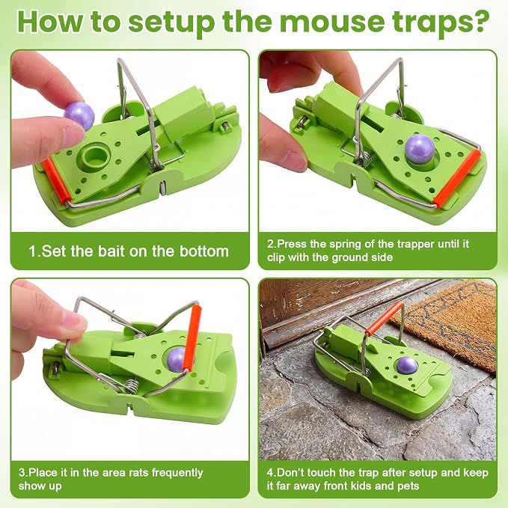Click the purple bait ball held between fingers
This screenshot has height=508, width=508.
pyautogui.click(x=79, y=115)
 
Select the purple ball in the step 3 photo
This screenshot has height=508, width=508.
pyautogui.click(x=177, y=361)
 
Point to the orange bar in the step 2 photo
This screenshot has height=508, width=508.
pyautogui.click(x=457, y=178)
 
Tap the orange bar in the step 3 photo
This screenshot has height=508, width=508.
pyautogui.click(x=192, y=337)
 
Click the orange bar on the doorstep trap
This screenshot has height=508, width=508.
pyautogui.click(x=384, y=318)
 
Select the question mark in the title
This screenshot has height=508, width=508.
pyautogui.click(x=481, y=20)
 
